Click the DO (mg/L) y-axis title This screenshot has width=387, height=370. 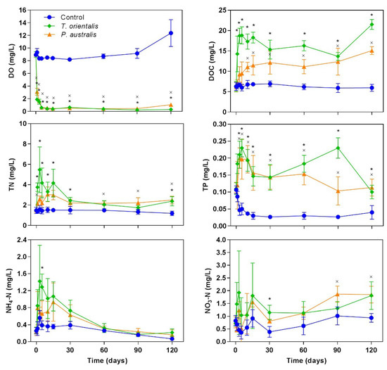click(7, 60)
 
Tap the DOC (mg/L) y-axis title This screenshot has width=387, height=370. click(205, 60)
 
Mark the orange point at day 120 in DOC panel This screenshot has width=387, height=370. click(371, 50)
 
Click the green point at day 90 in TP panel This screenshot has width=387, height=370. click(338, 148)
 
